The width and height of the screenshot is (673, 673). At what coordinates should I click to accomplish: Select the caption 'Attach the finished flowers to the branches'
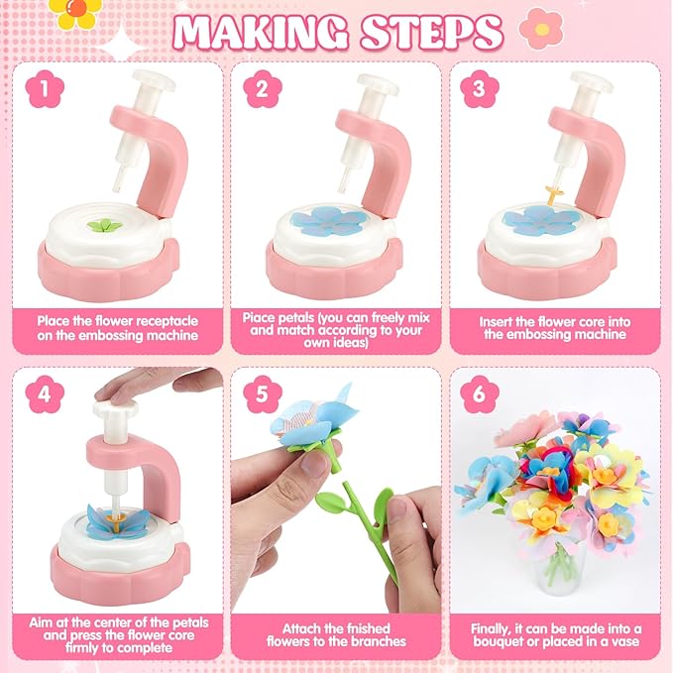pyautogui.click(x=337, y=634)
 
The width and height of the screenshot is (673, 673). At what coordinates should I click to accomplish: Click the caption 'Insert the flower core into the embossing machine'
pyautogui.click(x=554, y=328)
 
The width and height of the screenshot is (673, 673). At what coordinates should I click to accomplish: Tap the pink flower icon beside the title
pyautogui.click(x=540, y=29)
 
